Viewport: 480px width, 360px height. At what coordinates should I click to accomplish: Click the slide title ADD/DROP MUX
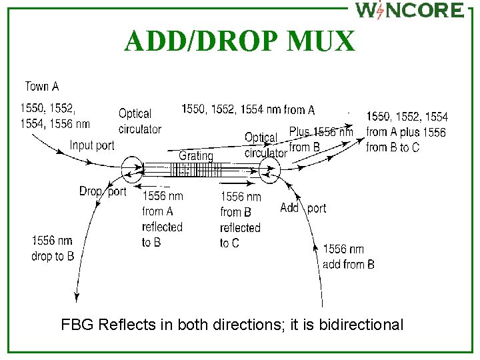(x=239, y=41)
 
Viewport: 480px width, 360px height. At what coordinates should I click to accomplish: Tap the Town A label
(x=41, y=86)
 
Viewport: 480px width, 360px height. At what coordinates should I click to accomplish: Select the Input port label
(x=91, y=145)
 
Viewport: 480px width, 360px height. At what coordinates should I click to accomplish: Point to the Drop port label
(x=103, y=191)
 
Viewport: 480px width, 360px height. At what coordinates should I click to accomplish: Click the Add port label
(x=303, y=208)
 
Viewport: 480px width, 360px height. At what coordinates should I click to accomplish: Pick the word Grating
(x=195, y=155)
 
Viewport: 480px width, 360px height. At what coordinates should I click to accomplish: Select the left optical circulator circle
(x=131, y=170)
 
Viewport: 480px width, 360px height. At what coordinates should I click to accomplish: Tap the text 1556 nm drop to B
(x=53, y=248)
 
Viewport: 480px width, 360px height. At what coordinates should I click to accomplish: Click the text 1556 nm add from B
(x=348, y=257)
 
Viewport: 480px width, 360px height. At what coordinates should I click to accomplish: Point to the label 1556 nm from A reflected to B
(x=162, y=219)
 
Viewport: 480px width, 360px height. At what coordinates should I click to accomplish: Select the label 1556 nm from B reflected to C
(x=240, y=219)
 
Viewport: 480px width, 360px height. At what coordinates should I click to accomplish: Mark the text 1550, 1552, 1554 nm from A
(x=248, y=109)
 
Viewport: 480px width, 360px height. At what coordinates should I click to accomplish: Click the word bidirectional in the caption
(x=361, y=325)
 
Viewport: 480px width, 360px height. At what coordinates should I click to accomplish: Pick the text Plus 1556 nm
(x=321, y=132)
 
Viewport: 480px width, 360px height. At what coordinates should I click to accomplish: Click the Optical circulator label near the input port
(x=139, y=121)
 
